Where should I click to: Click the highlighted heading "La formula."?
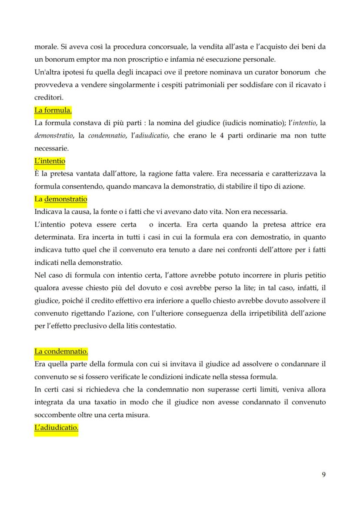[x=53, y=110]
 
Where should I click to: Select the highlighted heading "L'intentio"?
[x=50, y=161]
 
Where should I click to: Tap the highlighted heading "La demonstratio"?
[x=60, y=199]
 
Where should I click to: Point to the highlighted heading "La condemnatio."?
[x=61, y=351]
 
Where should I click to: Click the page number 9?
[x=323, y=474]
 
